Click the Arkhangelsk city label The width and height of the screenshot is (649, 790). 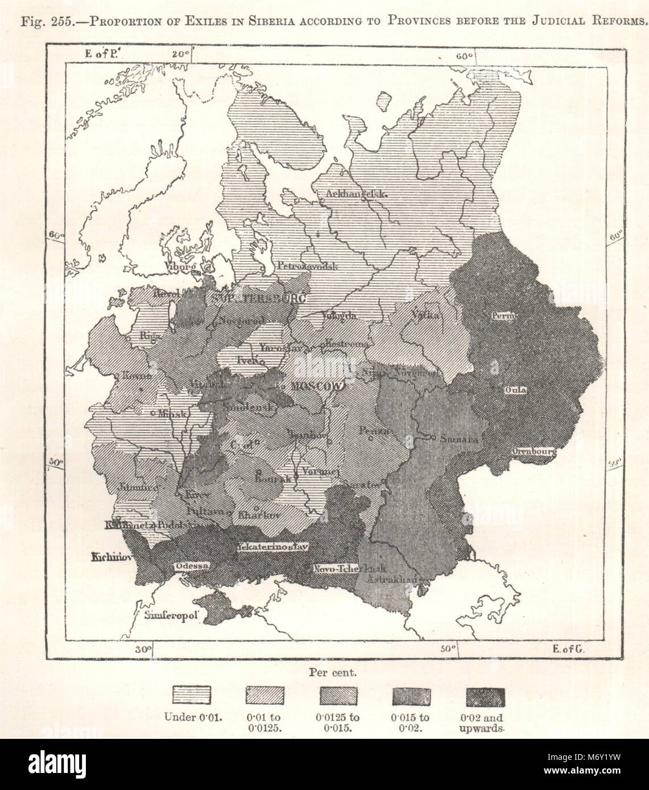(356, 194)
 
